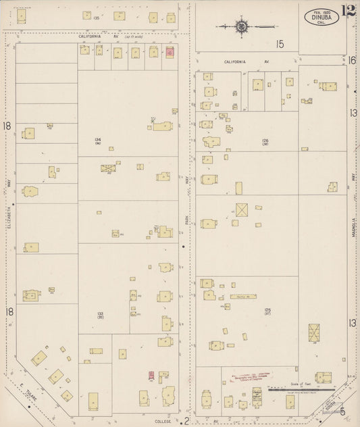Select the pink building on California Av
point(170,51)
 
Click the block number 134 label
point(98,140)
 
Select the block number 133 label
point(100,313)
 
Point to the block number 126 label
point(265,141)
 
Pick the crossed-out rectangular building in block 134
point(108,168)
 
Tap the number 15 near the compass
point(279,45)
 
